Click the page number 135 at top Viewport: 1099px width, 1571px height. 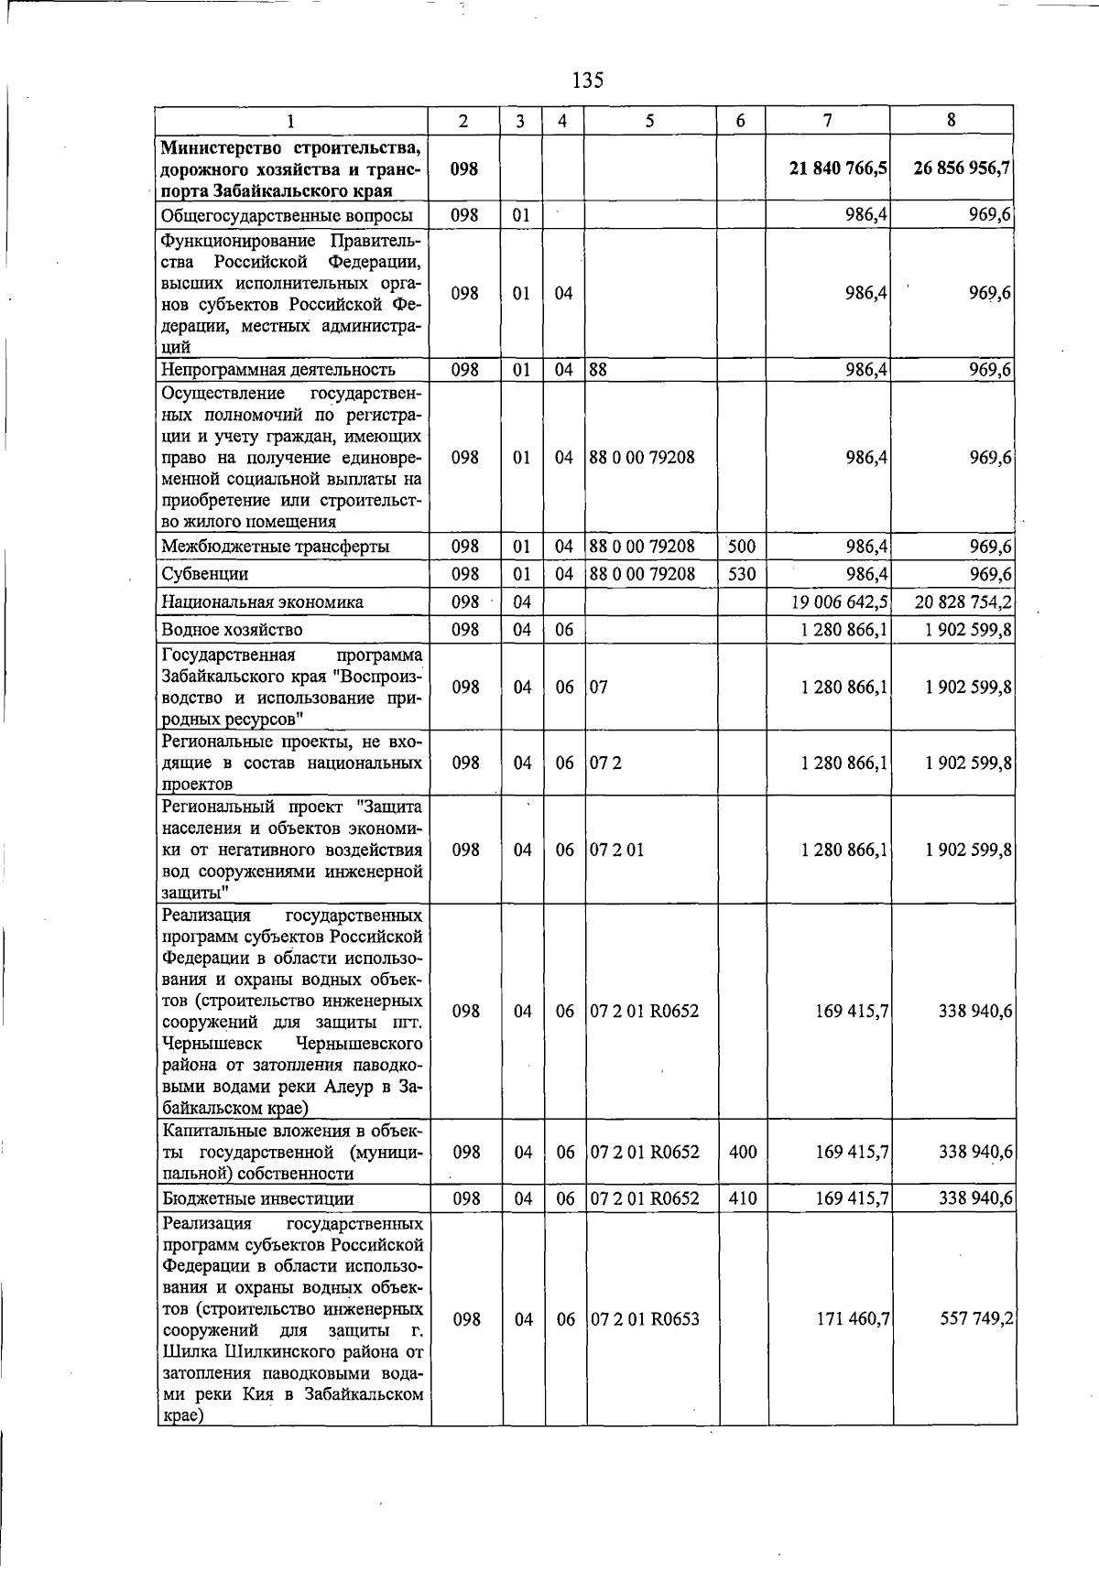[x=587, y=80]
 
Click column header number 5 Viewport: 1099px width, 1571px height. [x=649, y=120]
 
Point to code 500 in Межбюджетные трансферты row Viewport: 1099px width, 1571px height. [x=741, y=547]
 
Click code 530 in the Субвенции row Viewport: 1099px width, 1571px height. [x=741, y=574]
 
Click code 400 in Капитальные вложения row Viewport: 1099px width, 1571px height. [x=743, y=1152]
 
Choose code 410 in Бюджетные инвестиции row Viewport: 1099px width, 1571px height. [x=743, y=1198]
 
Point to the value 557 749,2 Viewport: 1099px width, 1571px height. [x=975, y=1319]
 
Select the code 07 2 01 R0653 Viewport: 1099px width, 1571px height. [x=645, y=1319]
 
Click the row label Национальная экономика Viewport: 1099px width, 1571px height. [x=262, y=602]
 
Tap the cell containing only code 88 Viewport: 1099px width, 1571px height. [x=599, y=370]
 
